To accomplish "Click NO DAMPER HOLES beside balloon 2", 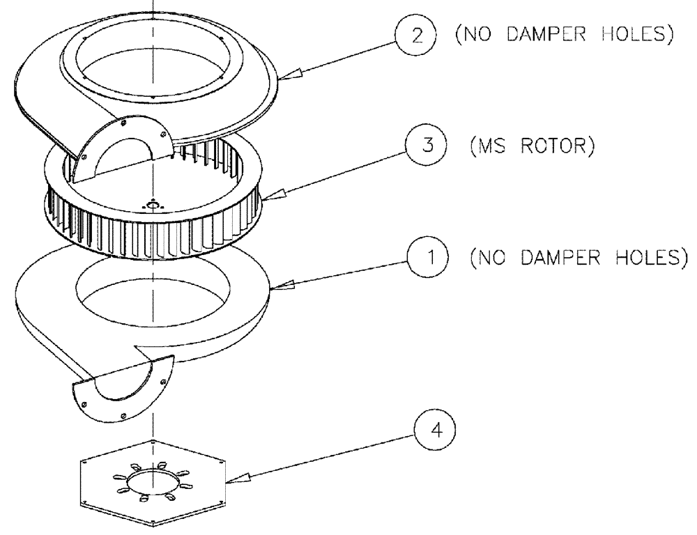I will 565,36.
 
